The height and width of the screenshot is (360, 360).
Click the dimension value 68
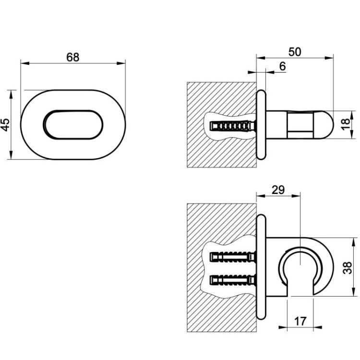coord(73,57)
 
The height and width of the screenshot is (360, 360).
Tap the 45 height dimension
coord(5,125)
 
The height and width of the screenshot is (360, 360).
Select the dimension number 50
coord(295,52)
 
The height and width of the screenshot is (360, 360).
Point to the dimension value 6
coord(283,66)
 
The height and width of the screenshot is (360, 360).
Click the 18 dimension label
coord(346,124)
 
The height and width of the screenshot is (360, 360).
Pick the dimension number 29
coord(278,190)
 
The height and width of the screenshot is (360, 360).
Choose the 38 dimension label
coord(348,268)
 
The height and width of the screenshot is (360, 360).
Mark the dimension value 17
coord(300,322)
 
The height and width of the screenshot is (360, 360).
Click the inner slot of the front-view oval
coord(73,125)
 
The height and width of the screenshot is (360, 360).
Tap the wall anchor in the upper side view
coord(233,126)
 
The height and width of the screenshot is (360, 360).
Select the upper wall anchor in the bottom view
coord(233,257)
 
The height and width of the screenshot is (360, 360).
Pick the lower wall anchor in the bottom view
coord(233,280)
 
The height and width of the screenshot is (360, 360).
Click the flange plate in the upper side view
coord(261,125)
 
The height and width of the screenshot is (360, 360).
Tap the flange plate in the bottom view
coord(261,267)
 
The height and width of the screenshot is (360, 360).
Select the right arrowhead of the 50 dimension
coord(329,58)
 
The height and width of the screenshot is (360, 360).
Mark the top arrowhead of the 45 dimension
coord(11,95)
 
